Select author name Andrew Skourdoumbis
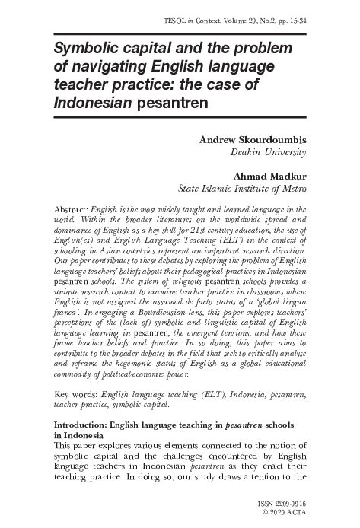click(x=252, y=139)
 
